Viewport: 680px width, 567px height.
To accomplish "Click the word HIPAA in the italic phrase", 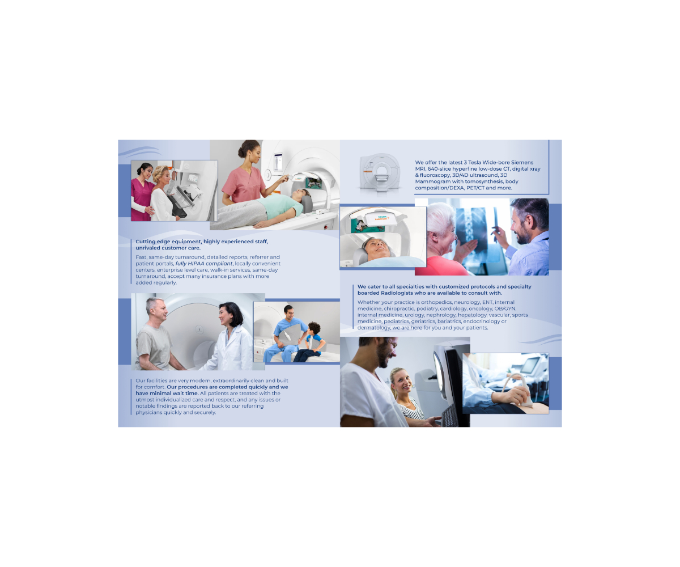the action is point(195,264).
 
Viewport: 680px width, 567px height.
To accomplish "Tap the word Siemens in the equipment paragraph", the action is point(522,162).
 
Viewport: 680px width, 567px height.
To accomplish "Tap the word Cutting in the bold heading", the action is point(145,242).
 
